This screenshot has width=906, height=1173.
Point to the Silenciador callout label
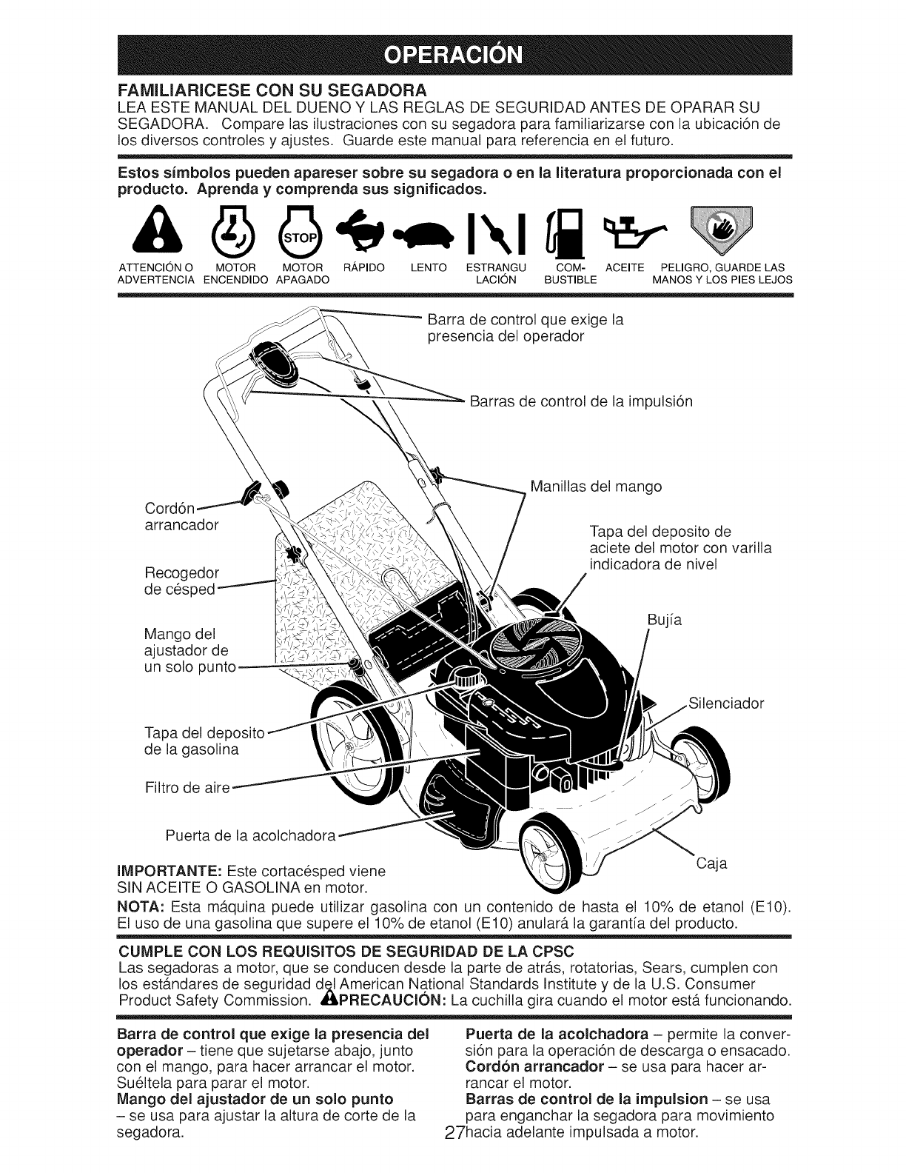click(x=725, y=704)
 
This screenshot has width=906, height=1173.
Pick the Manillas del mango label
click(x=596, y=487)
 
